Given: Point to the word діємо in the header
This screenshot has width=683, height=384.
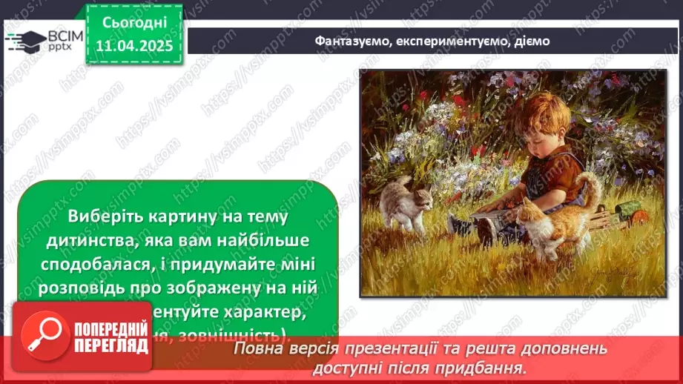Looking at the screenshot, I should [532, 41].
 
